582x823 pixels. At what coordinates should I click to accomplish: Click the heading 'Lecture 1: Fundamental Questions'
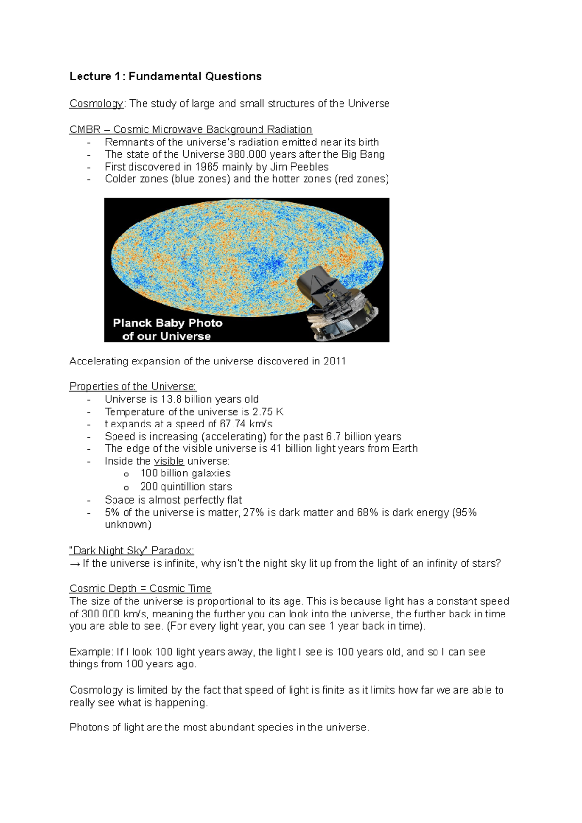pos(165,77)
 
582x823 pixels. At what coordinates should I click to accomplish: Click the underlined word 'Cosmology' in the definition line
pos(96,104)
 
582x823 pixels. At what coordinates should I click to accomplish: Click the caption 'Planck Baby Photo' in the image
pos(167,323)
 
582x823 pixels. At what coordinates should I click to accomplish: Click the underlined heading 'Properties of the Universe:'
pos(133,387)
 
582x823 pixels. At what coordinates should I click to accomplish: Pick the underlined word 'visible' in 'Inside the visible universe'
pos(169,461)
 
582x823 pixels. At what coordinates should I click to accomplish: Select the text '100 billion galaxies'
pos(185,474)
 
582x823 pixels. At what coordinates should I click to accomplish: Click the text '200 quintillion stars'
pos(186,487)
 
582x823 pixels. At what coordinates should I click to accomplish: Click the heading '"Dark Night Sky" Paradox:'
pos(131,551)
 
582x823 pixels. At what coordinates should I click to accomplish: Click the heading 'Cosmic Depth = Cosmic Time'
pos(140,589)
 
